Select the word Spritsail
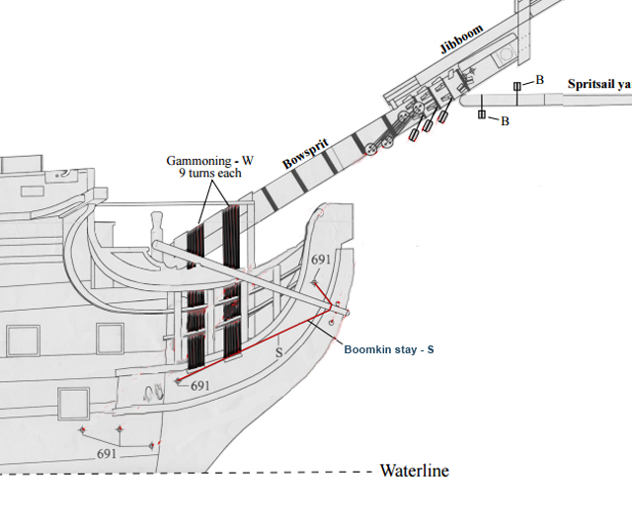tap(591, 85)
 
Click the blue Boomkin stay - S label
tap(389, 348)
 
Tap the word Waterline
tap(414, 471)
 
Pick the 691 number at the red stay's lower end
tap(200, 385)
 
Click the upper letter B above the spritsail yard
tap(539, 78)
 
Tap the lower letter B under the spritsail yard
tap(505, 120)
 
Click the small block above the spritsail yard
tap(516, 88)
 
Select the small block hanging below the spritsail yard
tap(482, 115)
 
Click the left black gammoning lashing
tap(197, 296)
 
